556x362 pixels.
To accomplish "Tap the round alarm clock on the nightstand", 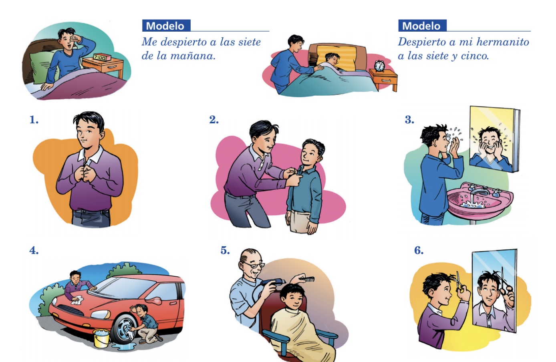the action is (x=379, y=66).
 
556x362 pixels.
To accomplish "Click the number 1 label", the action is (x=34, y=120).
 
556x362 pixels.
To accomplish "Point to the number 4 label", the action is (x=34, y=250).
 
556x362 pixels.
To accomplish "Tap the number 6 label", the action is (x=419, y=250).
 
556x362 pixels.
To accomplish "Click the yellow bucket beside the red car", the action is (x=102, y=338).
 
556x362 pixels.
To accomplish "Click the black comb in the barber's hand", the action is (x=307, y=280).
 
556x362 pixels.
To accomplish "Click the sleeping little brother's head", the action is (x=332, y=59).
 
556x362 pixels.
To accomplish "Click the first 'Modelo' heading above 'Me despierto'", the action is (x=166, y=26).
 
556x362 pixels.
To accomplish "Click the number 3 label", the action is (x=409, y=120).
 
